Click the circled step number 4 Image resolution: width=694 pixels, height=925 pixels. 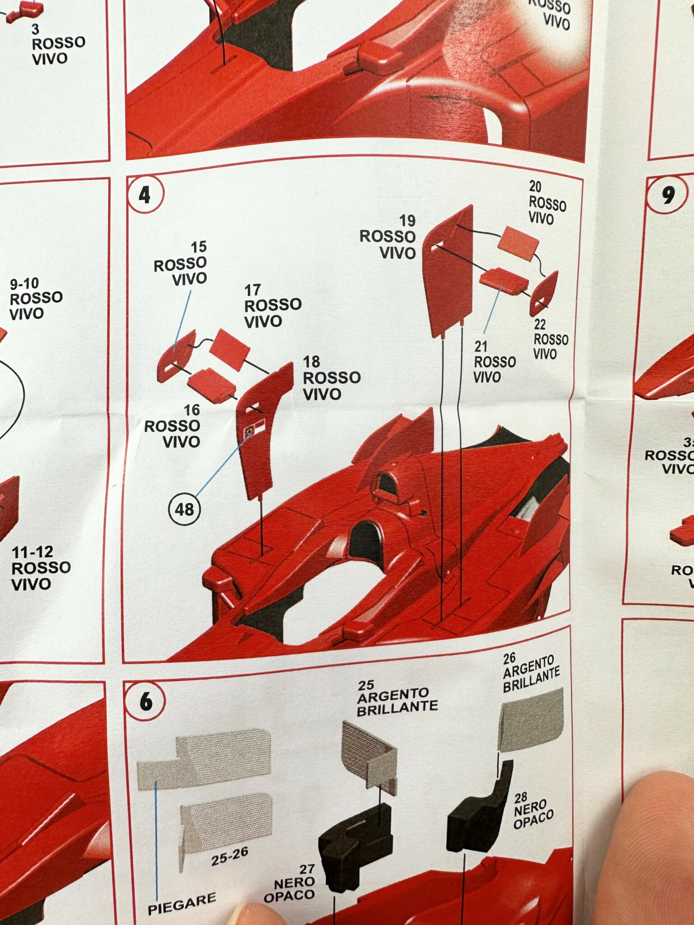(145, 195)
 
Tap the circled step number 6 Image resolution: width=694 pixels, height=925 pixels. (145, 701)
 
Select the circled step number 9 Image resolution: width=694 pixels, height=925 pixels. (668, 195)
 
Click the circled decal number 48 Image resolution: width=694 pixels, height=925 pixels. (184, 509)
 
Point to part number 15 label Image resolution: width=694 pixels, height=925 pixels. (198, 247)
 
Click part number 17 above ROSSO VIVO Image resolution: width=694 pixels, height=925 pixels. (253, 290)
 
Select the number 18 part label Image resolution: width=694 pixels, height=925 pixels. (311, 362)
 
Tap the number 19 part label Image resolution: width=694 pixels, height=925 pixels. (407, 220)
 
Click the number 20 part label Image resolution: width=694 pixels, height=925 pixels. (535, 187)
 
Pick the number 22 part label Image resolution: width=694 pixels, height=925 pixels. (539, 324)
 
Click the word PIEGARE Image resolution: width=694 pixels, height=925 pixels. (182, 902)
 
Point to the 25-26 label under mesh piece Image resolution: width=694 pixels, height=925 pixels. (230, 856)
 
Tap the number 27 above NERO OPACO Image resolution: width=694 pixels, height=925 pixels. (307, 869)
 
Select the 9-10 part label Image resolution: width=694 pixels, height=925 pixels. (24, 284)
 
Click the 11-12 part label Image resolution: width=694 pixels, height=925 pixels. (33, 552)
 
